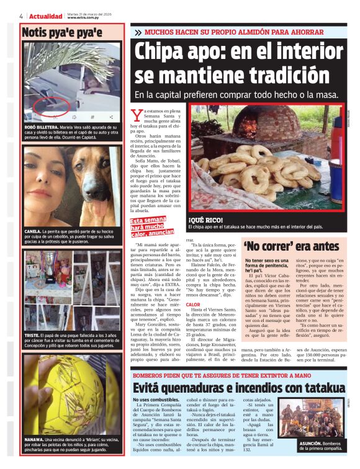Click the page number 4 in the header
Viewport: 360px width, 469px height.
pyautogui.click(x=21, y=16)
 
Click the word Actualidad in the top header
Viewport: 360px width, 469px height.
pyautogui.click(x=46, y=16)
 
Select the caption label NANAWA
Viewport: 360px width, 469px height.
pyautogui.click(x=37, y=422)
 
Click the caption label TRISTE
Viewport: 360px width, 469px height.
pyautogui.click(x=33, y=335)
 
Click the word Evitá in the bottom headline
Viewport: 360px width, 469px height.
pyautogui.click(x=151, y=388)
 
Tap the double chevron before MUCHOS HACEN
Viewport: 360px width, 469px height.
pyautogui.click(x=137, y=32)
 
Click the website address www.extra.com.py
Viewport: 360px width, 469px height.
pyautogui.click(x=84, y=18)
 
